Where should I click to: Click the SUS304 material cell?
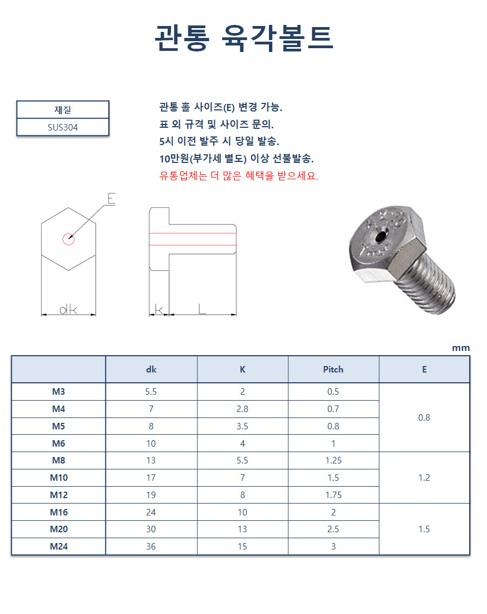coord(63,128)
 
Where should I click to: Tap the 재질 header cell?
coord(63,110)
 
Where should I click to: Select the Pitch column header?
coord(333,369)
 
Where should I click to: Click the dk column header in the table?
coord(151,369)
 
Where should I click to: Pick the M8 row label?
coord(58,460)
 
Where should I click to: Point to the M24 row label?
coord(58,546)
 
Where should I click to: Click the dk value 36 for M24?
coord(151,546)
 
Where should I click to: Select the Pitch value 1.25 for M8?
coord(333,460)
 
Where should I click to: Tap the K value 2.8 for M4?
coord(242,409)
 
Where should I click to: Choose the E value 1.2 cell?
coord(424,478)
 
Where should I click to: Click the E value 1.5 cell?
coord(424,529)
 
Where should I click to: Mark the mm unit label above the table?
coord(461,348)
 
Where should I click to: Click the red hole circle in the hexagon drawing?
coord(68,238)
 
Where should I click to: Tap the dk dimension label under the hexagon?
coord(68,309)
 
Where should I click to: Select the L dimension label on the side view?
coord(202,309)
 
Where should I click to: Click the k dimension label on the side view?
coord(159,309)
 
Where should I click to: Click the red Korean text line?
coord(239,176)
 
